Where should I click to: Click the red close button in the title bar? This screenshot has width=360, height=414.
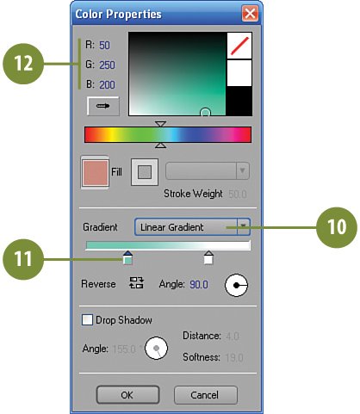coord(250,14)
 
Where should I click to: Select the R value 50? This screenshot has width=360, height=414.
coord(104,46)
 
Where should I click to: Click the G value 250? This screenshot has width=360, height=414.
coord(107,65)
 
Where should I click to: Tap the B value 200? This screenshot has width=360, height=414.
coord(107,85)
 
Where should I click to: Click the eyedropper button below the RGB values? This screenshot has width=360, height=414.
coord(103,106)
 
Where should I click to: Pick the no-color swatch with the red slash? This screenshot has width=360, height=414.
coord(239,46)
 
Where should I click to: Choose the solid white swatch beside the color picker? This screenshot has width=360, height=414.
coord(239,73)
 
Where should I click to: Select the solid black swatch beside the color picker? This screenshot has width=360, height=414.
coord(239,101)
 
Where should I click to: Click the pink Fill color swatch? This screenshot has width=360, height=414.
coord(96,172)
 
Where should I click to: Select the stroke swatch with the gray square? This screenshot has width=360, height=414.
coord(145,172)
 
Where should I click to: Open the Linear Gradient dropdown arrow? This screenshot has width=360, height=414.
coord(243,226)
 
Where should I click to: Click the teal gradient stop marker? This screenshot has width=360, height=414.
coord(127,257)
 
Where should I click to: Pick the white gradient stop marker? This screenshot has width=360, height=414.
coord(208,257)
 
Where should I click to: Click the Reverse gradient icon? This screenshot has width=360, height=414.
coord(136,282)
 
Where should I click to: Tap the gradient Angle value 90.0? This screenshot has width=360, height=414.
coord(199,284)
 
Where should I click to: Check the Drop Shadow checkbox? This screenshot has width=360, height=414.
coord(87,319)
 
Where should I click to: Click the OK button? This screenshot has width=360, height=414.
coord(127,395)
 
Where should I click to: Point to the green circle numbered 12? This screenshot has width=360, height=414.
coord(23,64)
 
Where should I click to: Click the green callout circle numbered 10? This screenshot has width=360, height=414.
coord(337,227)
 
